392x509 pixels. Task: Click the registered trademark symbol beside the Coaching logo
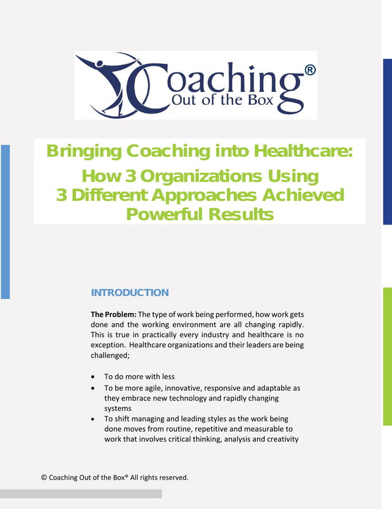point(310,70)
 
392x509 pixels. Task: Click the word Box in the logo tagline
point(261,100)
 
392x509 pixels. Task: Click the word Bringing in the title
point(85,151)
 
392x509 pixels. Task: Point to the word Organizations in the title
point(201,177)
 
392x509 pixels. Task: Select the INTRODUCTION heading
point(130,293)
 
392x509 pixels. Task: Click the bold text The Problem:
point(113,315)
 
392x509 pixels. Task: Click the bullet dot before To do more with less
point(93,377)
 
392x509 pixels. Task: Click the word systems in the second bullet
point(118,408)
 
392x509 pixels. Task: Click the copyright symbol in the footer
point(44,478)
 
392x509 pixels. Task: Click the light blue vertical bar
point(5,222)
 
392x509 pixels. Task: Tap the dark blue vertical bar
point(388,142)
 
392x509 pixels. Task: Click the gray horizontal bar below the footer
point(81,494)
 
